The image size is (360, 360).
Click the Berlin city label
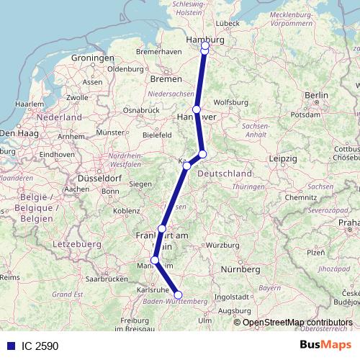317,95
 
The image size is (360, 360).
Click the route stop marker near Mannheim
155,260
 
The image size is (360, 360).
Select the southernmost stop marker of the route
179,294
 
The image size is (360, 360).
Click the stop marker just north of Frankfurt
162,229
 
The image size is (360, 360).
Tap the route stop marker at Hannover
196,109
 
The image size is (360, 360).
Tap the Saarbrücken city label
107,277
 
